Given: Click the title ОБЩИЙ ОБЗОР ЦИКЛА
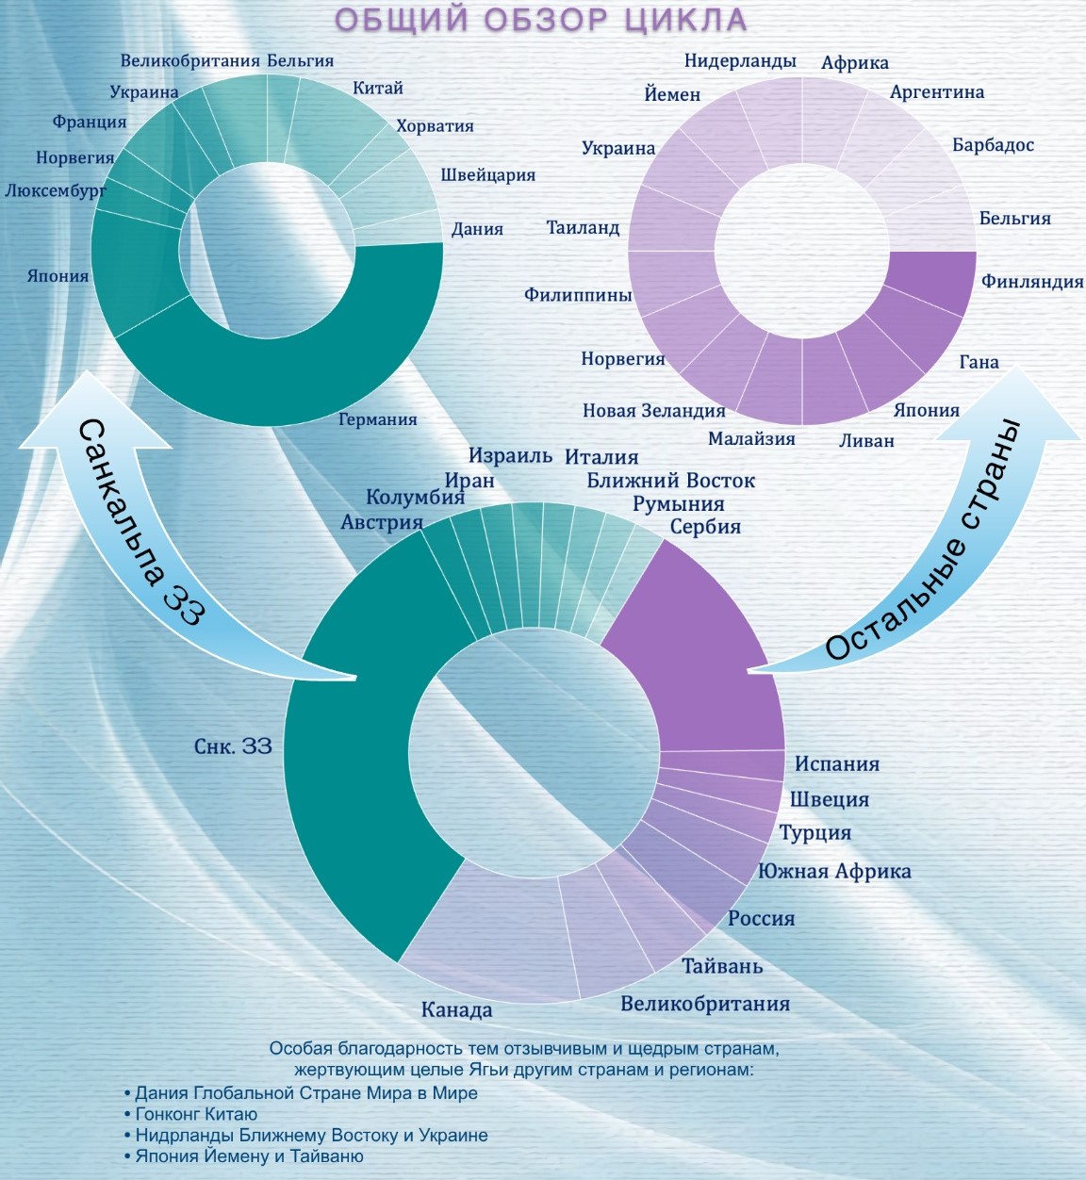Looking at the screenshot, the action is click(x=541, y=20).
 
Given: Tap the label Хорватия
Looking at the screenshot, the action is click(x=435, y=126).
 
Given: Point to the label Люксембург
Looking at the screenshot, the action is click(x=56, y=191).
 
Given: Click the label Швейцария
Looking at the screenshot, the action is click(x=488, y=175).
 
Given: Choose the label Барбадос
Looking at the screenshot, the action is click(x=993, y=145).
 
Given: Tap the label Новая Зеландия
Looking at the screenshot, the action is click(x=654, y=411).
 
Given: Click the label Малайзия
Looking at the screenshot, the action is click(x=751, y=439).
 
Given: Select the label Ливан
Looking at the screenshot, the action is click(x=866, y=440).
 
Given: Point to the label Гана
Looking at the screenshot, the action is click(x=979, y=362).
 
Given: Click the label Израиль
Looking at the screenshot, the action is click(x=510, y=456).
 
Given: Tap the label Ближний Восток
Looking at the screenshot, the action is click(x=670, y=482).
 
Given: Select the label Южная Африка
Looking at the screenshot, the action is click(x=834, y=872).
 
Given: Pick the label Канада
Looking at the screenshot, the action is click(x=457, y=1010).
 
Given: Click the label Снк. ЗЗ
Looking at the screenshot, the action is click(x=233, y=747).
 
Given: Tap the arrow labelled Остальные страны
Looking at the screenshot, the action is click(x=942, y=559).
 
